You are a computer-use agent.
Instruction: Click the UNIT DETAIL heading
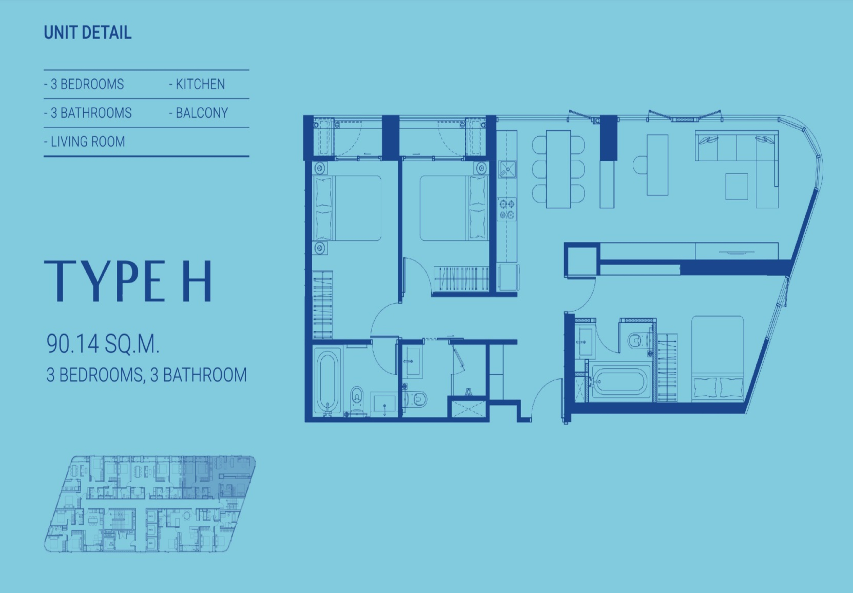(88, 33)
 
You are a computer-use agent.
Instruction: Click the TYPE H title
(128, 281)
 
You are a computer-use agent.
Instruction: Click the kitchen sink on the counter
(507, 169)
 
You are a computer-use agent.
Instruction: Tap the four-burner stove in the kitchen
(507, 209)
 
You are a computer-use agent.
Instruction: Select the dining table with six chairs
(558, 169)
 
